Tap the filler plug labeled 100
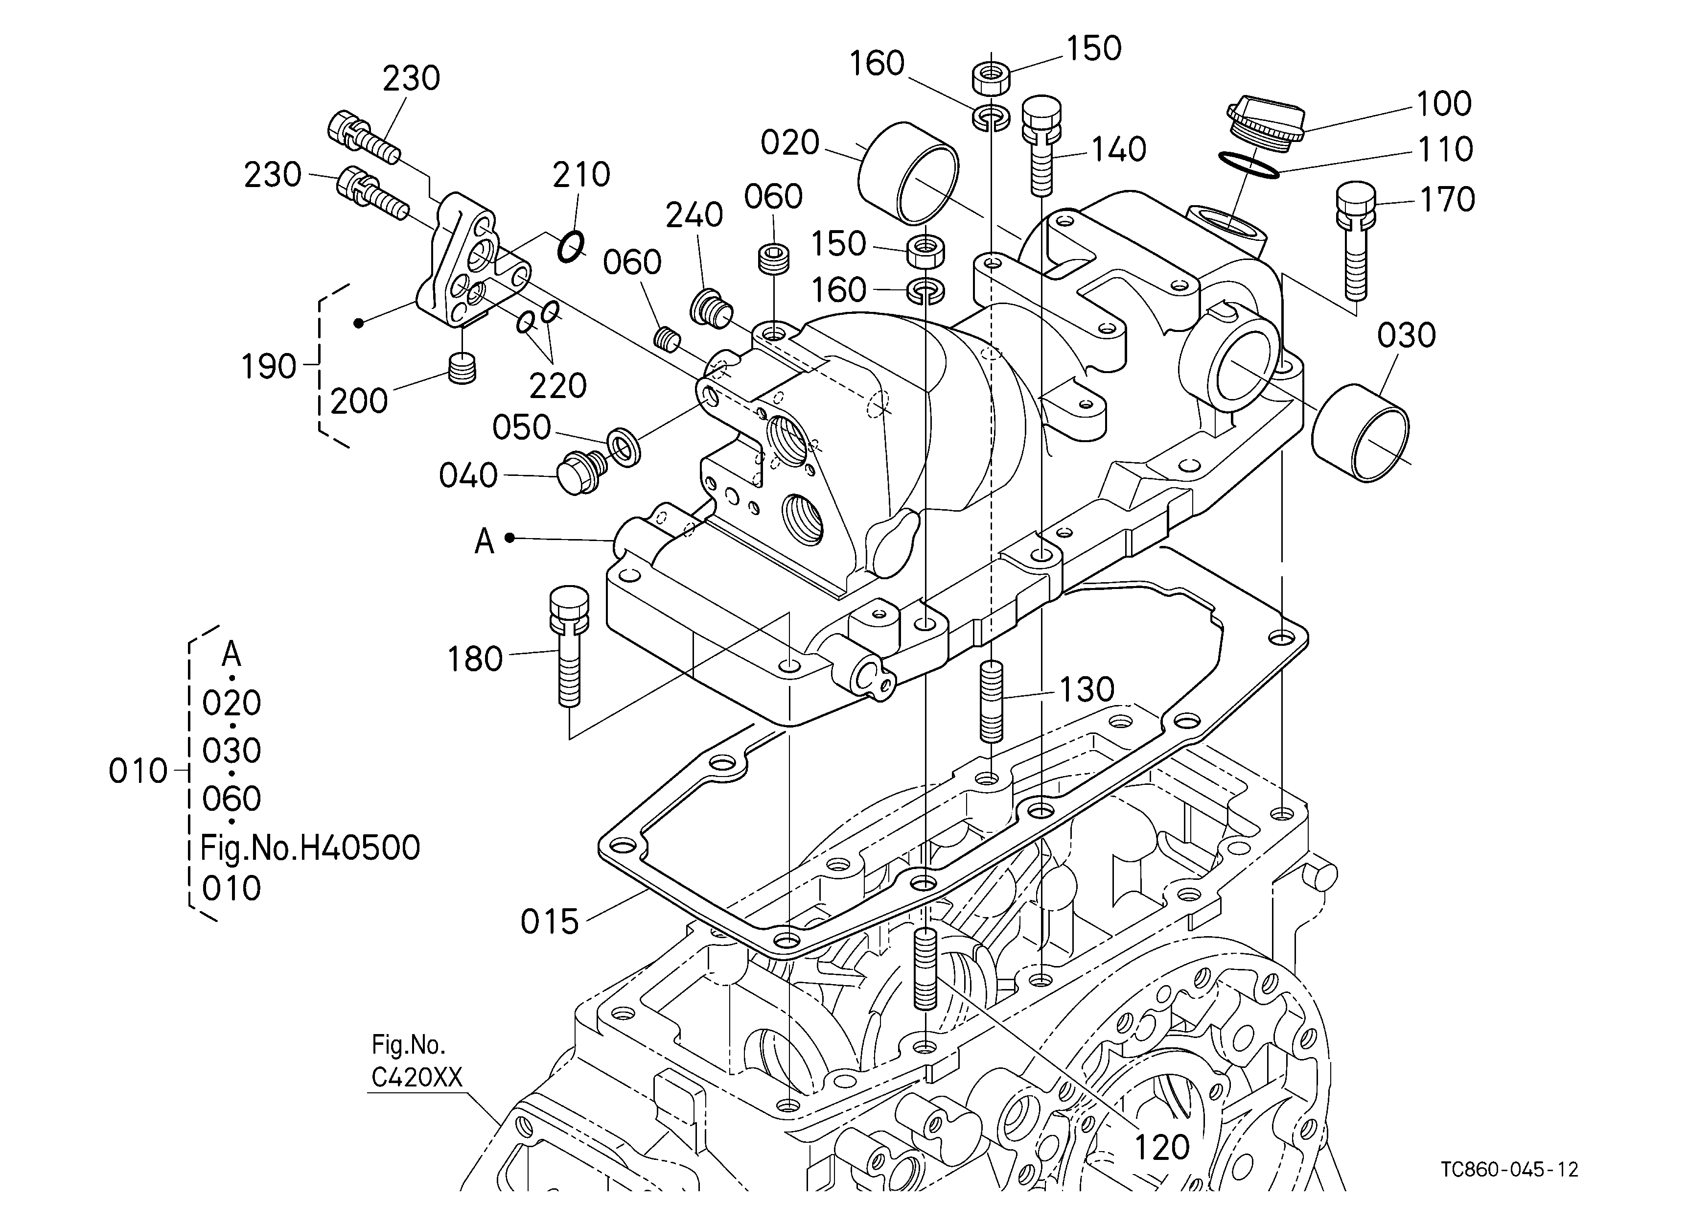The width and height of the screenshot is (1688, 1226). point(1265,126)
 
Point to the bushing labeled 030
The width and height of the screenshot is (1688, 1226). point(1360,433)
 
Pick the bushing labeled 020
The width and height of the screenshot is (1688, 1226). point(908,173)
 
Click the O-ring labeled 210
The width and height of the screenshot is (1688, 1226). point(571,246)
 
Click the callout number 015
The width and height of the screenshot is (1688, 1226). point(549,922)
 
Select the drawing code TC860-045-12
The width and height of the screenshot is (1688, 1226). point(1509,1169)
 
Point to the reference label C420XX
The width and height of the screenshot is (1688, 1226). point(417,1077)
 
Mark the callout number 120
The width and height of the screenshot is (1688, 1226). point(1162,1147)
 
